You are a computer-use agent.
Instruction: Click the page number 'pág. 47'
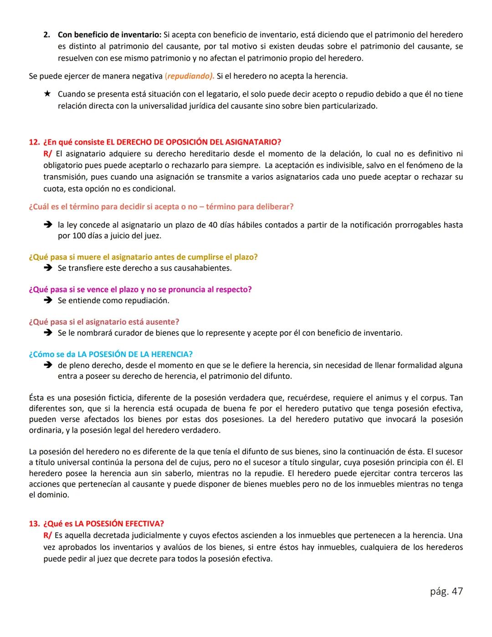pos(446,591)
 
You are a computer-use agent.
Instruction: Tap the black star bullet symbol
pos(47,94)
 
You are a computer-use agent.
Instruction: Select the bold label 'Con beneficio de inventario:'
pos(109,35)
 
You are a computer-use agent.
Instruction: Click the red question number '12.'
pos(35,142)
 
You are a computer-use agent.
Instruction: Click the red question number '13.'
pos(35,523)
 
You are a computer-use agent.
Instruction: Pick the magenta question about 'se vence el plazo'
pos(140,290)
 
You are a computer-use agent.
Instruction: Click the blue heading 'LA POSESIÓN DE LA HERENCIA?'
pos(135,354)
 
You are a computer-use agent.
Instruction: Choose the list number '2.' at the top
pos(47,35)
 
